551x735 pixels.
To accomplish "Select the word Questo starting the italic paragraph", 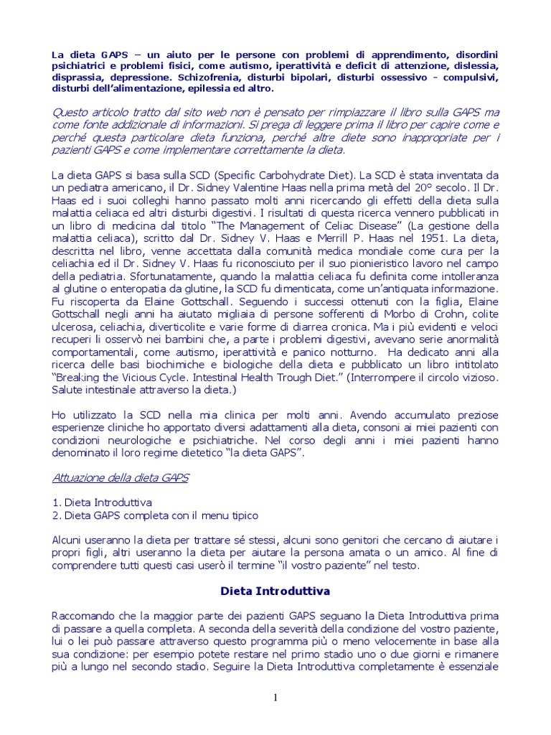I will click(72, 113).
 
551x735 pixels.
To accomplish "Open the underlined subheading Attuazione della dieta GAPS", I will click(121, 478).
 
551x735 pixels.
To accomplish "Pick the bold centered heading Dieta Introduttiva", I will click(274, 591).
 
